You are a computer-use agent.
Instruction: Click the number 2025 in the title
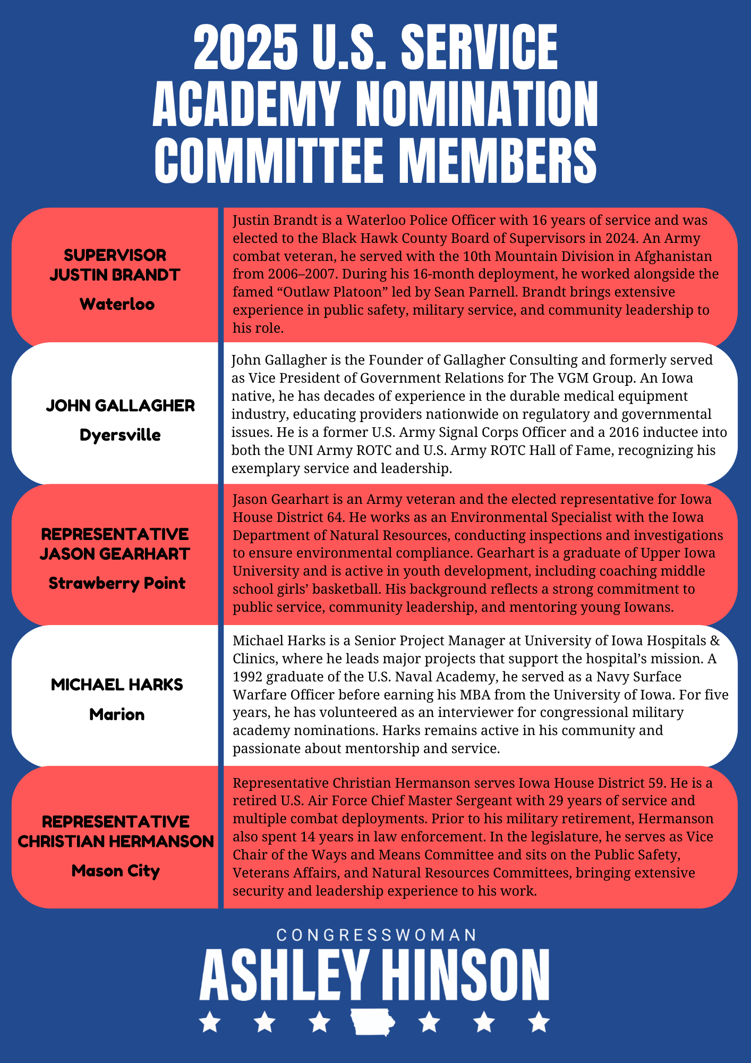pyautogui.click(x=245, y=48)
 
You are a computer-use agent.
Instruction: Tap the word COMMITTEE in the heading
pyautogui.click(x=272, y=159)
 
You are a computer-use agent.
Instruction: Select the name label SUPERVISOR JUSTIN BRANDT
pyautogui.click(x=115, y=265)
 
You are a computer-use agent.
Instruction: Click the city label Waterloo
pyautogui.click(x=117, y=304)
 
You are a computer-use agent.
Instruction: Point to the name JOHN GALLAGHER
pyautogui.click(x=121, y=406)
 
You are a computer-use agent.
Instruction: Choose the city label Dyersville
pyautogui.click(x=120, y=435)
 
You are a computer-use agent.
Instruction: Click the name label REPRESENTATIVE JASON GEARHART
pyautogui.click(x=115, y=544)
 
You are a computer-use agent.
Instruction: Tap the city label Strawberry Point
pyautogui.click(x=117, y=583)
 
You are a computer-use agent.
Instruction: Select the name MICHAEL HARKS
pyautogui.click(x=117, y=685)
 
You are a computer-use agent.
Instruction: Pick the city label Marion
pyautogui.click(x=117, y=714)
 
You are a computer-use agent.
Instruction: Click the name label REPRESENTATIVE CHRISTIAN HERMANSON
pyautogui.click(x=116, y=831)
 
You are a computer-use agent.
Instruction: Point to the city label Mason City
pyautogui.click(x=116, y=871)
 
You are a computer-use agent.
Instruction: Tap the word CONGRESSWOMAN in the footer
pyautogui.click(x=376, y=935)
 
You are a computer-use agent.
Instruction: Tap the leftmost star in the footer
pyautogui.click(x=210, y=1021)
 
